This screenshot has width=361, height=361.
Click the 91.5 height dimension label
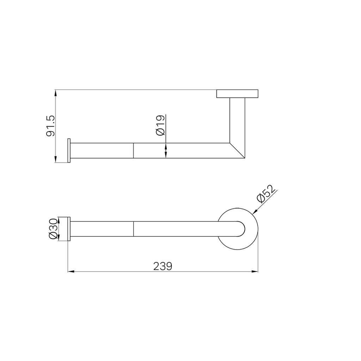(x=51, y=126)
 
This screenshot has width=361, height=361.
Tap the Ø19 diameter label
(x=160, y=125)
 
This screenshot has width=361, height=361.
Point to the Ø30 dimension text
(x=53, y=229)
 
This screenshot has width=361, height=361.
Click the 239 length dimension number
(x=163, y=267)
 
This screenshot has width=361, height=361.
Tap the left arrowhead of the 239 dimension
(x=71, y=272)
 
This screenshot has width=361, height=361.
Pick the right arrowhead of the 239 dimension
(x=255, y=272)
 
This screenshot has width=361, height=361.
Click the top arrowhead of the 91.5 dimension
(x=55, y=93)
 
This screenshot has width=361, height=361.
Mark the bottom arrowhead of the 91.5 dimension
(x=55, y=159)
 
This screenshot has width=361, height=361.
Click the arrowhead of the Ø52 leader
(x=255, y=212)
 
